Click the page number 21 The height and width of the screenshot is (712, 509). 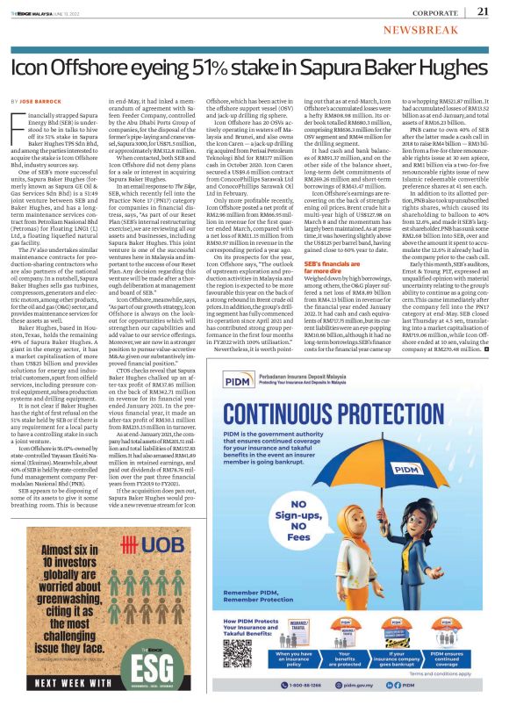[483, 12]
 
